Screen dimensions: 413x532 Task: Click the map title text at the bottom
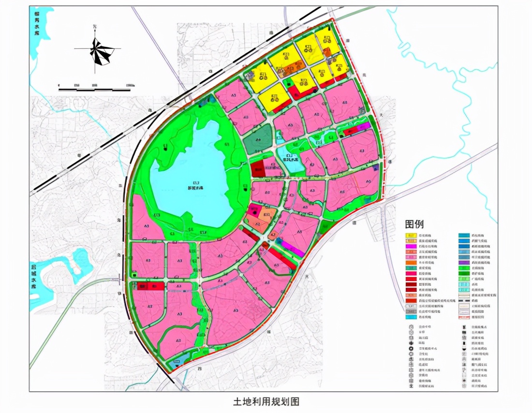click(x=266, y=401)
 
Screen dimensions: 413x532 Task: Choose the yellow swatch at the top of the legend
click(x=411, y=236)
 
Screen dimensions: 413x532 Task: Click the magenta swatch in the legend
click(x=411, y=247)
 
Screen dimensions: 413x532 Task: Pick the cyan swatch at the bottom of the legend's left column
click(x=411, y=317)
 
